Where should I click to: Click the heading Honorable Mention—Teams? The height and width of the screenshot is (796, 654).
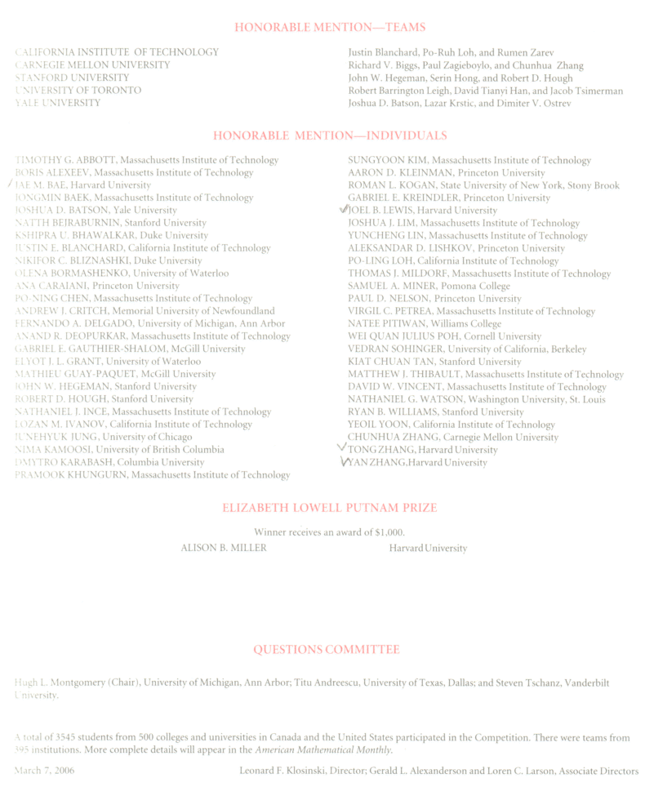coord(330,28)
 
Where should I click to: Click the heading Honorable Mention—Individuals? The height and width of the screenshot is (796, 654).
coord(330,136)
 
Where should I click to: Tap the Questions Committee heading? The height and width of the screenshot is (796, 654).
coord(327,650)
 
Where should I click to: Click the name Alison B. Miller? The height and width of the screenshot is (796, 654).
coord(224,548)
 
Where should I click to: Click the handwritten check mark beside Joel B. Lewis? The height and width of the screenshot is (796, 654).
coord(344,210)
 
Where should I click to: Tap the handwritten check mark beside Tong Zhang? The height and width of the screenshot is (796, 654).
coord(342,448)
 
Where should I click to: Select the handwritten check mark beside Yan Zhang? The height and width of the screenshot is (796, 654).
coord(343,462)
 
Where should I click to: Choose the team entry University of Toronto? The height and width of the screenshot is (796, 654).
coord(78,91)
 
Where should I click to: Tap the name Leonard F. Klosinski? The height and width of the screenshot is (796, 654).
coord(289,771)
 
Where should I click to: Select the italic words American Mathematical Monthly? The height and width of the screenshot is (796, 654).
coord(323,749)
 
